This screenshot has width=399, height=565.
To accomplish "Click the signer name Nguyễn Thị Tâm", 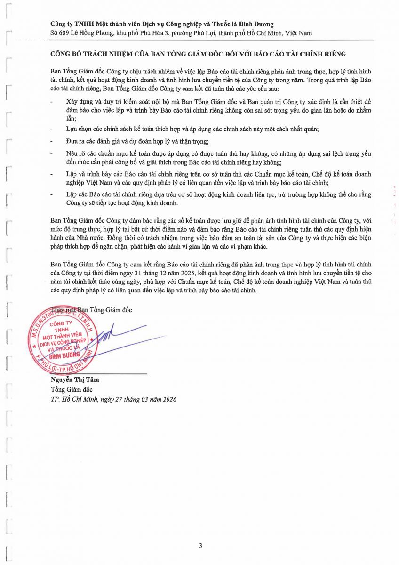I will [75, 379].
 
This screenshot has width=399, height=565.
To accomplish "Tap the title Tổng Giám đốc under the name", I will [72, 389].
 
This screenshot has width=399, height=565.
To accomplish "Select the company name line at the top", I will [162, 24].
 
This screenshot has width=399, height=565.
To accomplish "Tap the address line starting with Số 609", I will [181, 33].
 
